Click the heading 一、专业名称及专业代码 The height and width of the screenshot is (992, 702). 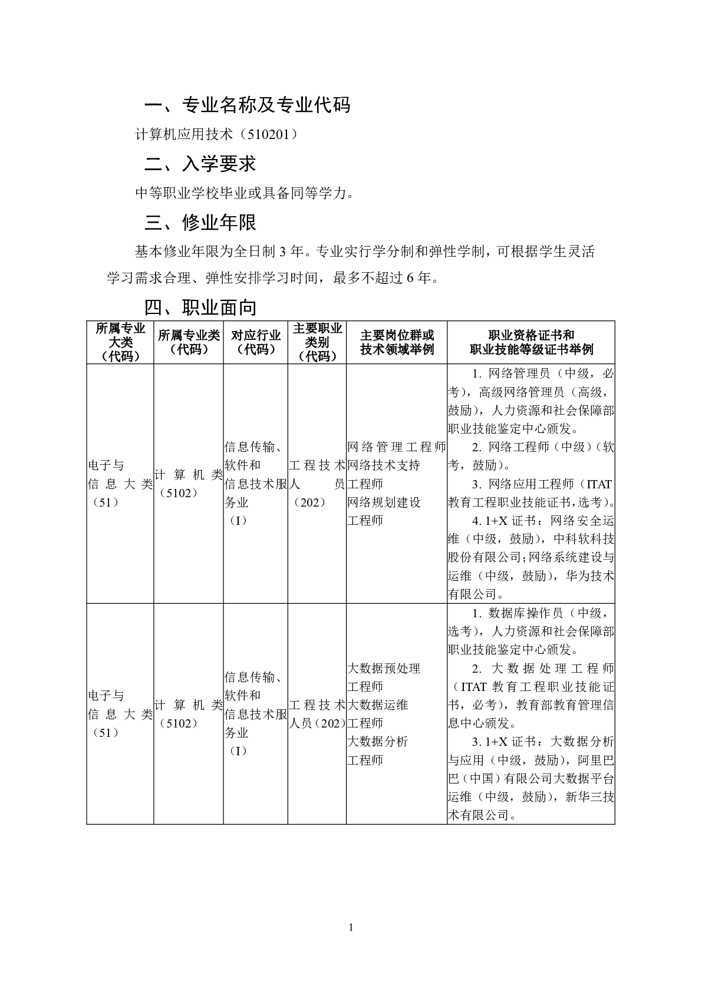[248, 105]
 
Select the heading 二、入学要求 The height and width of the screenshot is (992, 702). [200, 164]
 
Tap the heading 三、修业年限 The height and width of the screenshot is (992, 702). [200, 223]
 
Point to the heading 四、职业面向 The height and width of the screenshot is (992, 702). [200, 307]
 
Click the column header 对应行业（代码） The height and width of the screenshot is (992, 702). [255, 342]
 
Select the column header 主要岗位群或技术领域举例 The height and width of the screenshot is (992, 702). [397, 342]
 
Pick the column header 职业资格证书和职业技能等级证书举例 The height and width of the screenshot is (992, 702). [530, 342]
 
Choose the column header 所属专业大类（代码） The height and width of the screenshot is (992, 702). [120, 342]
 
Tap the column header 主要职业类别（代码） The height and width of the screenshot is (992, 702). [317, 342]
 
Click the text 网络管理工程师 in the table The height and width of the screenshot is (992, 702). [397, 447]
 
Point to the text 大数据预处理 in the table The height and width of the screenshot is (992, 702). [384, 669]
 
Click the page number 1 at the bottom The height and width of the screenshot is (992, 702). [351, 928]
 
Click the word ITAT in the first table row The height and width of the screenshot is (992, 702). [599, 484]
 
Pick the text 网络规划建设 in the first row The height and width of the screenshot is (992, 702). [384, 502]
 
